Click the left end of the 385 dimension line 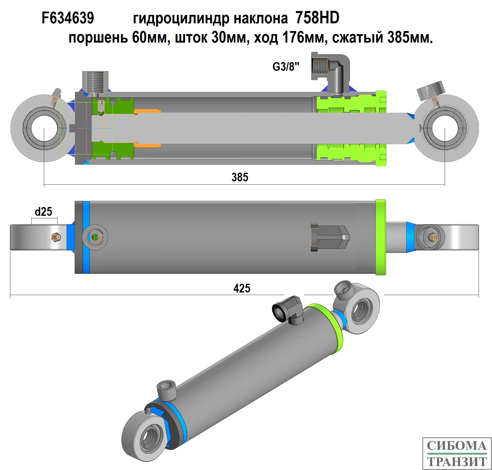point(44,185)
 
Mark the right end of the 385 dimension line point(445,185)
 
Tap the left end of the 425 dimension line point(10,295)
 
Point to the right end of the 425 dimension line point(479,295)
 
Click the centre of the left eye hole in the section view point(44,128)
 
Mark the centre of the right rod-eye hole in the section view point(445,128)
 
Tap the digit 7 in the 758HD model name point(299,18)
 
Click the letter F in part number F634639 point(45,18)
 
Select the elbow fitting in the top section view point(330,73)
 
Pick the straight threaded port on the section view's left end point(95,82)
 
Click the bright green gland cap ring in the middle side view point(381,237)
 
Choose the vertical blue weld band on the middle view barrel point(86,237)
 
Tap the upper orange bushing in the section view point(147,111)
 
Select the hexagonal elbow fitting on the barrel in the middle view point(330,237)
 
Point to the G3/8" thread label point(286,67)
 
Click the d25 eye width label point(43,212)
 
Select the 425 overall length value point(242,288)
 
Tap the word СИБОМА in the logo point(457,446)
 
